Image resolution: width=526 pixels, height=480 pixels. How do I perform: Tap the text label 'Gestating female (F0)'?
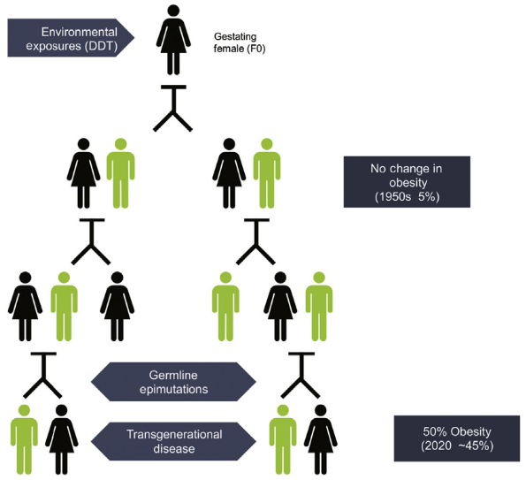coord(240,43)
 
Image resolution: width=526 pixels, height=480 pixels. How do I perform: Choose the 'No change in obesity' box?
coord(406,181)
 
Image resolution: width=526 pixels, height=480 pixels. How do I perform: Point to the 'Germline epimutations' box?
coord(175,380)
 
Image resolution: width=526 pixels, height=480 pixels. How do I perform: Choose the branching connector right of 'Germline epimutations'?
coord(300,375)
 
